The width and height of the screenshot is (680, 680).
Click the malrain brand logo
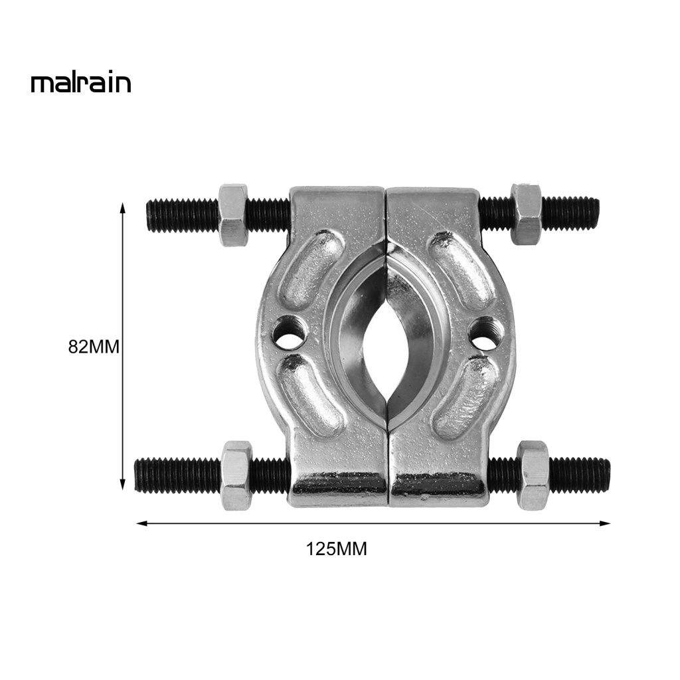pyautogui.click(x=80, y=83)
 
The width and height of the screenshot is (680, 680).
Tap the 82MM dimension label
pyautogui.click(x=94, y=347)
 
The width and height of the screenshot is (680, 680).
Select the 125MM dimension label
pyautogui.click(x=336, y=549)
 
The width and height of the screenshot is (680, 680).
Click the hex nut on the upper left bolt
pyautogui.click(x=233, y=214)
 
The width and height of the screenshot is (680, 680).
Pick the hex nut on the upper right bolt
pyautogui.click(x=525, y=214)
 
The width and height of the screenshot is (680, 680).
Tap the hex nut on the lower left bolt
pyautogui.click(x=236, y=475)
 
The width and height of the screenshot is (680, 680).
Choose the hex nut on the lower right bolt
pyautogui.click(x=533, y=475)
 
